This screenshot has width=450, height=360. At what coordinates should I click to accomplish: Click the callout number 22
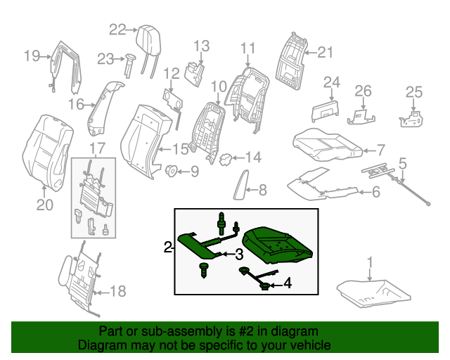(x=117, y=29)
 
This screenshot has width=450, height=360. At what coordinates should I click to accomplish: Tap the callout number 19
(x=32, y=56)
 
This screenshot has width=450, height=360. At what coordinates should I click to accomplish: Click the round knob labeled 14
(x=226, y=159)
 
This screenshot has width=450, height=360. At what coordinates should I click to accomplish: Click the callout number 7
(x=380, y=150)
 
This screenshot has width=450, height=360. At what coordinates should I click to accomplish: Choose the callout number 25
(x=415, y=91)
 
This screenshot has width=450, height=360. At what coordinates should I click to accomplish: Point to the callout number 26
(x=363, y=91)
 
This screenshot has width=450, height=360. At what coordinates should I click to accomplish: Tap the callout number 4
(x=288, y=285)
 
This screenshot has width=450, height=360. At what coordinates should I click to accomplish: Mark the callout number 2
(x=168, y=247)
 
